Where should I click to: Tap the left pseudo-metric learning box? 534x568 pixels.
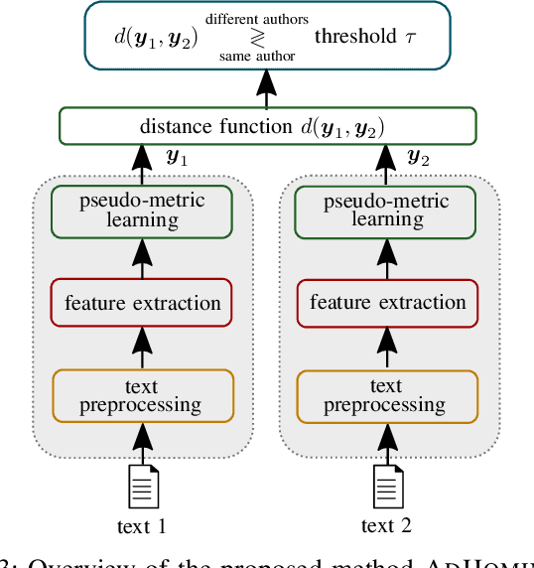142,210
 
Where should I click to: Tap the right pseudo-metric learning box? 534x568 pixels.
386,210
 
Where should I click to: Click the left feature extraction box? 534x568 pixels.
142,303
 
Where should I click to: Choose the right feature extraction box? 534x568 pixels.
386,303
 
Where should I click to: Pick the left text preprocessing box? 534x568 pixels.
142,395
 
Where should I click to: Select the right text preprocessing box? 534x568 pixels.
386,395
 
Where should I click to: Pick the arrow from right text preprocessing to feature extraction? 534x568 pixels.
386,349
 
